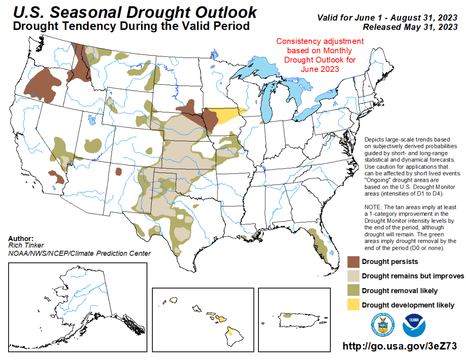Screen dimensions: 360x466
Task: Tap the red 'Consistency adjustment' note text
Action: pyautogui.click(x=320, y=55)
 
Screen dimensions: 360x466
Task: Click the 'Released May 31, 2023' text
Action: pyautogui.click(x=410, y=27)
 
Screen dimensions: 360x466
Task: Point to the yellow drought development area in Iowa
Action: pyautogui.click(x=223, y=115)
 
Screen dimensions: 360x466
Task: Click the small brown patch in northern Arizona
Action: pyautogui.click(x=119, y=172)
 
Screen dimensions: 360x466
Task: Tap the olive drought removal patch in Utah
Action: pyautogui.click(x=93, y=145)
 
